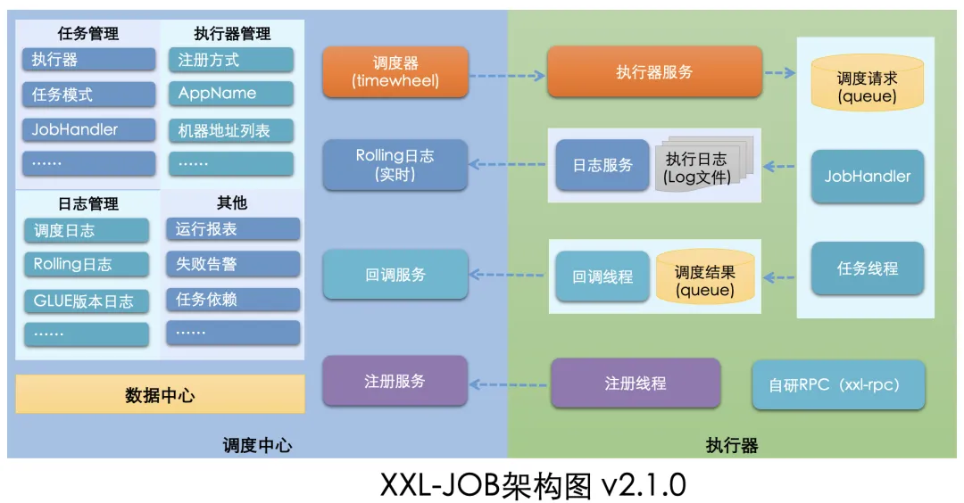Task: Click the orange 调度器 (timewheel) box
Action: pyautogui.click(x=395, y=72)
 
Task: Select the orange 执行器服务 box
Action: pyautogui.click(x=655, y=72)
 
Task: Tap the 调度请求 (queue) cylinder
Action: pyautogui.click(x=867, y=82)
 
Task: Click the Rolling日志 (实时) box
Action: pyautogui.click(x=395, y=165)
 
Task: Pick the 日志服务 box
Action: pyautogui.click(x=602, y=165)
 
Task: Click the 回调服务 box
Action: pyautogui.click(x=395, y=275)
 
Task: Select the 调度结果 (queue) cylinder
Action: pyautogui.click(x=705, y=276)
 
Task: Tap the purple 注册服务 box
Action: pyautogui.click(x=395, y=381)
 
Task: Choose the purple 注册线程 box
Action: pyautogui.click(x=636, y=383)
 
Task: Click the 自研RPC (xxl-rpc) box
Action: pyautogui.click(x=838, y=385)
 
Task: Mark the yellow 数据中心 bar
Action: pyautogui.click(x=160, y=394)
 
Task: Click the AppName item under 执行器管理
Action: pyautogui.click(x=231, y=94)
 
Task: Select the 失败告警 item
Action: pyautogui.click(x=233, y=264)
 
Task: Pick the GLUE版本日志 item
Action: pyautogui.click(x=87, y=301)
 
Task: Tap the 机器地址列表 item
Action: pyautogui.click(x=231, y=131)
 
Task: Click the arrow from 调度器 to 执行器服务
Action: pyautogui.click(x=507, y=76)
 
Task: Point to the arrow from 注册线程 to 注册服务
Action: pyautogui.click(x=508, y=384)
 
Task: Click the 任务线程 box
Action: pyautogui.click(x=868, y=268)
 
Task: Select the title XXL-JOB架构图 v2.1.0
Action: pyautogui.click(x=533, y=485)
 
